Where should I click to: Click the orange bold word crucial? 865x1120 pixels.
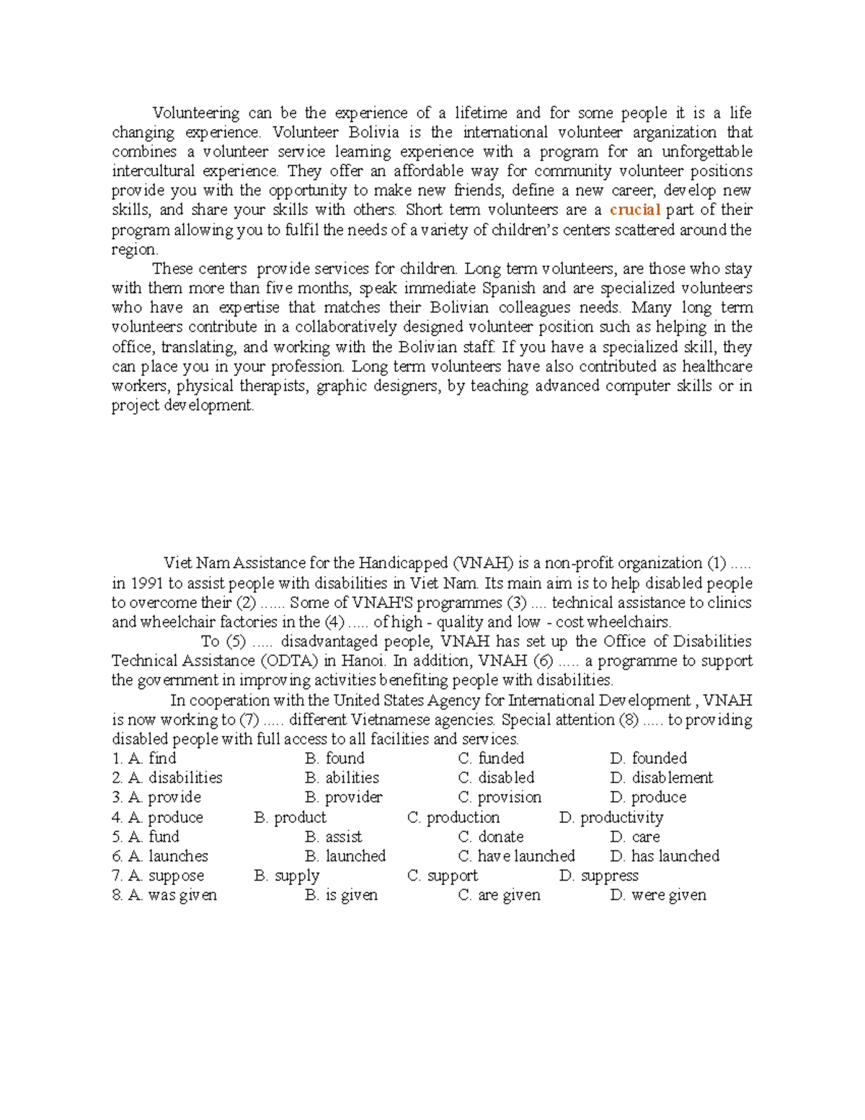pyautogui.click(x=635, y=210)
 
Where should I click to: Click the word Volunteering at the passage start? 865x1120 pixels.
pyautogui.click(x=195, y=113)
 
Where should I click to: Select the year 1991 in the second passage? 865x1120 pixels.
pyautogui.click(x=146, y=583)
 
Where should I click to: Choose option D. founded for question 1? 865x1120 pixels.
pyautogui.click(x=648, y=759)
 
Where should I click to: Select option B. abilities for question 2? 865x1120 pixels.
pyautogui.click(x=342, y=778)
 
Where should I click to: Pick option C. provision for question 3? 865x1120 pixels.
pyautogui.click(x=500, y=798)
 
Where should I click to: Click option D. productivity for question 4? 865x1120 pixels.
pyautogui.click(x=611, y=818)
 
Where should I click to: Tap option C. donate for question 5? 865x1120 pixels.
pyautogui.click(x=491, y=837)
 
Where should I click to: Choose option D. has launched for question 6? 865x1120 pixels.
pyautogui.click(x=665, y=857)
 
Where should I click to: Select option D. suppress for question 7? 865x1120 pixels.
pyautogui.click(x=599, y=876)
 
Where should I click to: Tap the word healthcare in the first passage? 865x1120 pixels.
pyautogui.click(x=717, y=366)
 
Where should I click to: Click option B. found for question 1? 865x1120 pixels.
pyautogui.click(x=334, y=759)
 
